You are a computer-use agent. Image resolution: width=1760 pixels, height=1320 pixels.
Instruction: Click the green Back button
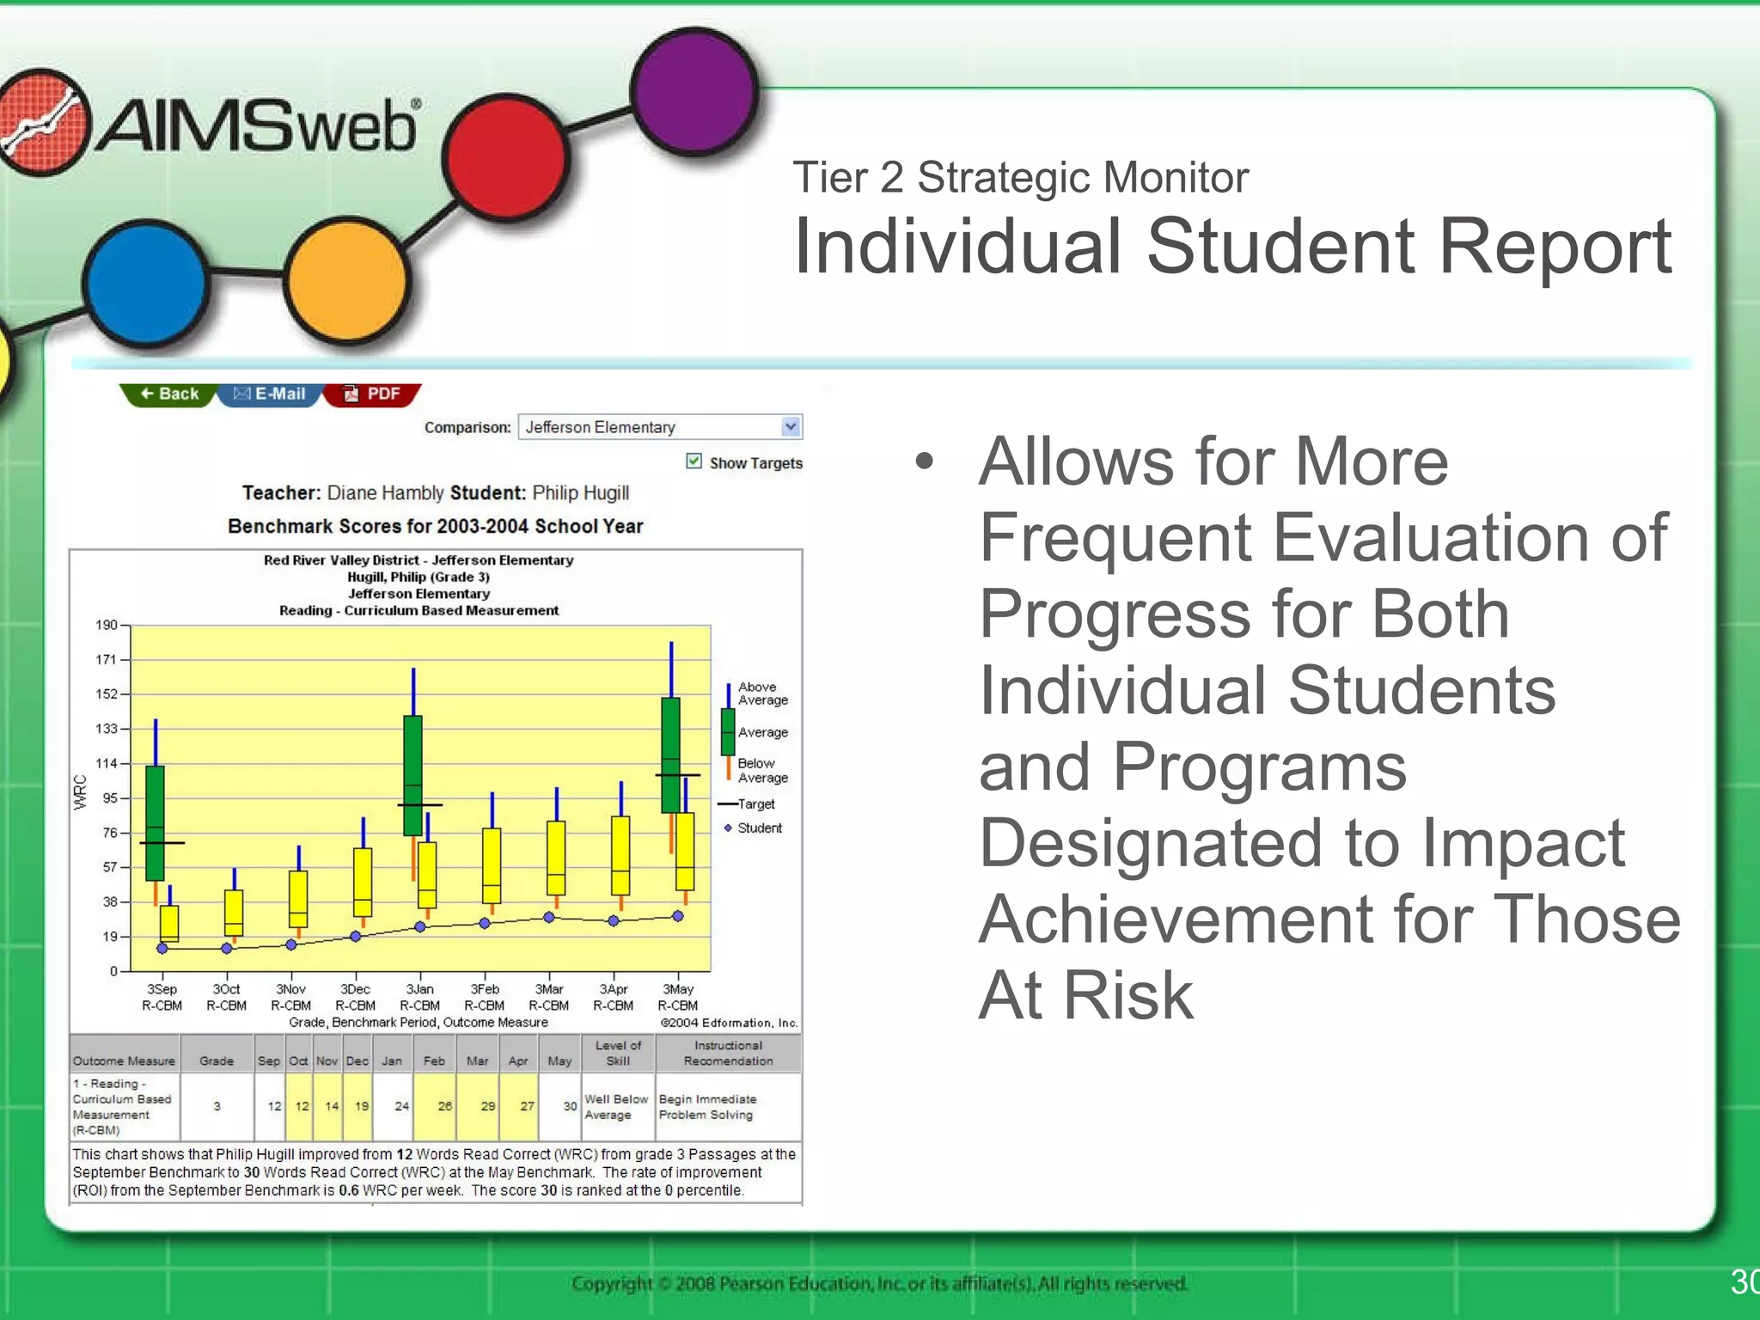tap(168, 394)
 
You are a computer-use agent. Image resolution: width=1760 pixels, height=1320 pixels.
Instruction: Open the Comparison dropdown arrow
tap(791, 426)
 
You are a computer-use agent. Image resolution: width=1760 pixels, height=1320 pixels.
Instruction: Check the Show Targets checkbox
tap(694, 461)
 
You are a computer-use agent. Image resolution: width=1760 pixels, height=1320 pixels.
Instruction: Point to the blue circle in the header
tap(147, 284)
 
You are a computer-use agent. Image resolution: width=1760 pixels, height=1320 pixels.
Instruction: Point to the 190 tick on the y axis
tap(107, 625)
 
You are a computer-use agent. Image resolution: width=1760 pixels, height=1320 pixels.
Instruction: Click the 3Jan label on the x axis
tap(419, 989)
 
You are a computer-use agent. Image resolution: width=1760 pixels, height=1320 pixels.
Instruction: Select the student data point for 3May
tap(678, 916)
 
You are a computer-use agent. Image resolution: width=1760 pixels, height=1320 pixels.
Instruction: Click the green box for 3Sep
tap(155, 822)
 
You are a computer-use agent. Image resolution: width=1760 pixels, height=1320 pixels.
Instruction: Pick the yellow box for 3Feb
tap(492, 865)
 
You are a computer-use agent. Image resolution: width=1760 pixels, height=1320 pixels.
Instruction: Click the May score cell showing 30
tap(569, 1106)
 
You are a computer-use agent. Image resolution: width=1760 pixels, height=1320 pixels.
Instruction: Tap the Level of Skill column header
tap(618, 1053)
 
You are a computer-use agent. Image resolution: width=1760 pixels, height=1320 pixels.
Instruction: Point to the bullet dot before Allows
tap(924, 461)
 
